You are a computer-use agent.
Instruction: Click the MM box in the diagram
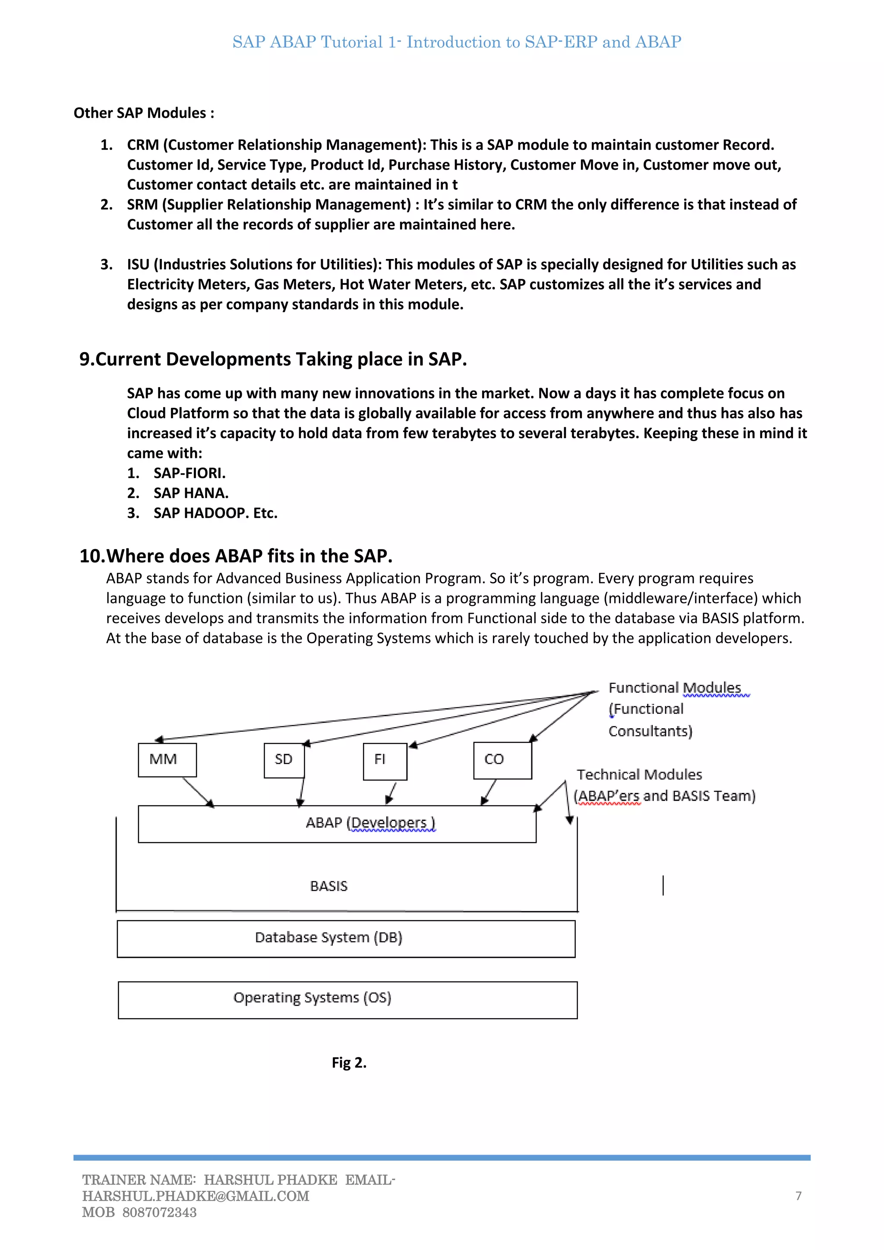coord(167,760)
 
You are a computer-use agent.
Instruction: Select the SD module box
coord(284,760)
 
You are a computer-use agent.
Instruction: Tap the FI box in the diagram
coord(385,761)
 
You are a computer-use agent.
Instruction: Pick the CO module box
coord(502,760)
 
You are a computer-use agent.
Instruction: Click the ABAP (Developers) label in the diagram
coord(370,823)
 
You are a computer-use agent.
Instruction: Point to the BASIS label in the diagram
coord(329,886)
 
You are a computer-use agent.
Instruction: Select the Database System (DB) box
coord(346,938)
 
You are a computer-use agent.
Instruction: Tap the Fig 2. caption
coord(349,1063)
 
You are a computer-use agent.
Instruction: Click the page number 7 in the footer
coord(799,1196)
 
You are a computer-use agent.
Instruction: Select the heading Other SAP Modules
coord(144,113)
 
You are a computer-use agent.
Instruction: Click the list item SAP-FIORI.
coord(189,473)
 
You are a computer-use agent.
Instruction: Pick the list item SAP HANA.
coord(190,493)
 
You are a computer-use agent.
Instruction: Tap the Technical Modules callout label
coord(640,775)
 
